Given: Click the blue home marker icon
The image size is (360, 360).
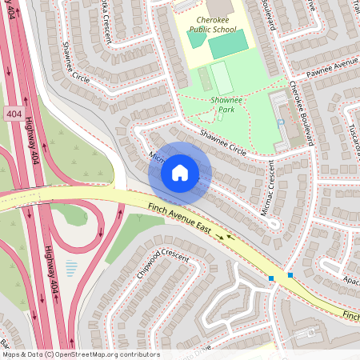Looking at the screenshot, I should [x=180, y=172].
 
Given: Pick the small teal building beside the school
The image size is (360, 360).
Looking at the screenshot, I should [x=196, y=38].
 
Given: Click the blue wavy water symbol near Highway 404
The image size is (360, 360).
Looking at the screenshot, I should [x=71, y=268].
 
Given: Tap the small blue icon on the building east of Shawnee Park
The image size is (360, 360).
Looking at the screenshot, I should [x=281, y=122].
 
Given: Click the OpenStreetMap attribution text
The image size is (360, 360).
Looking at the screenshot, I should [x=80, y=354].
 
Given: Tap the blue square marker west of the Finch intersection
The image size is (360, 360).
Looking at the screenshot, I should [x=272, y=278].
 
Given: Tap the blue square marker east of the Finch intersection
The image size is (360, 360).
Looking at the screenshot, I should [x=290, y=275].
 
